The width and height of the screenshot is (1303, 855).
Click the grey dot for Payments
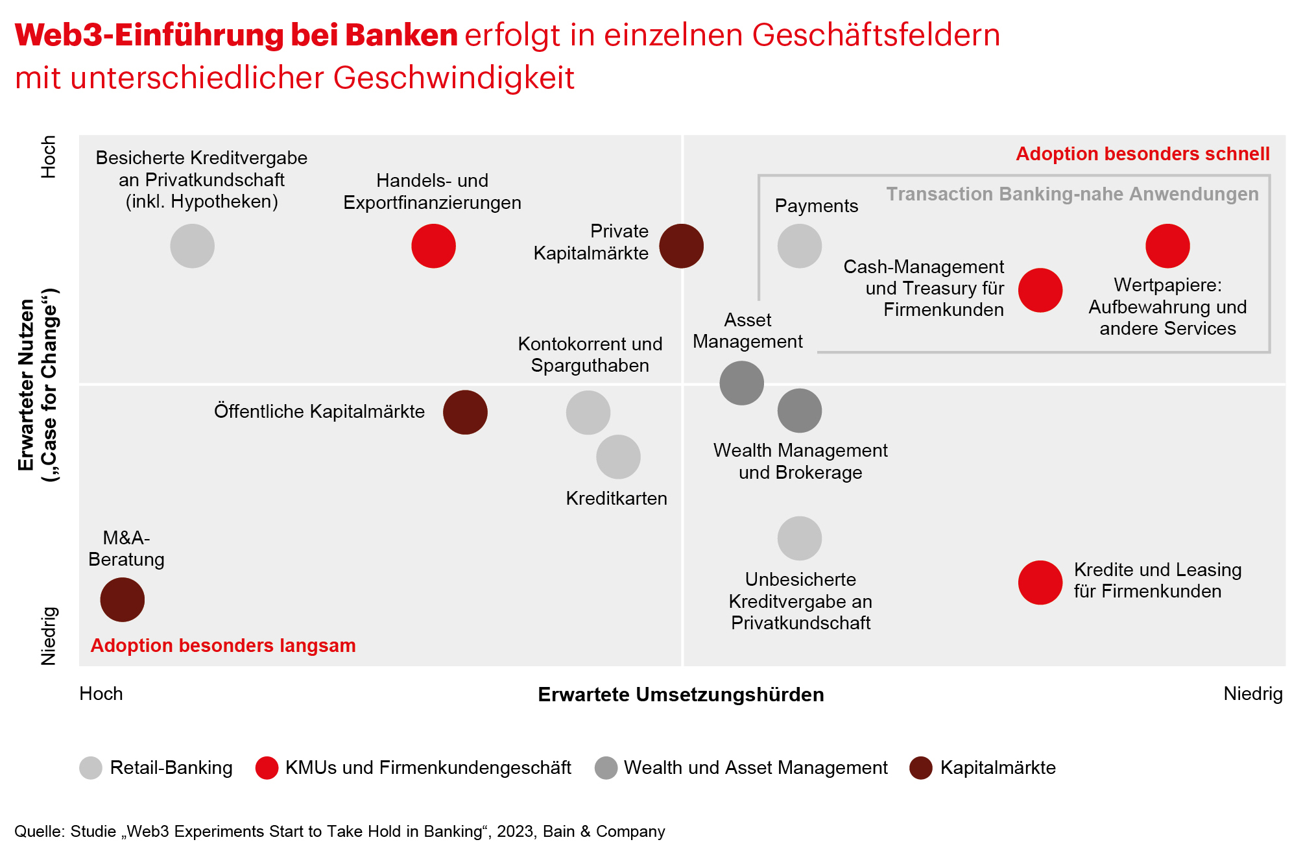pyautogui.click(x=799, y=246)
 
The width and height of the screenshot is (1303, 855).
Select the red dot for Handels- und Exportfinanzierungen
pyautogui.click(x=433, y=246)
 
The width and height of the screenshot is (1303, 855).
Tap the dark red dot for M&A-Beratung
pyautogui.click(x=122, y=599)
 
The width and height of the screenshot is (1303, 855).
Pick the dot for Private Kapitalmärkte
pyautogui.click(x=681, y=246)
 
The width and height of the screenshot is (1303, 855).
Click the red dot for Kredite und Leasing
pyautogui.click(x=1040, y=582)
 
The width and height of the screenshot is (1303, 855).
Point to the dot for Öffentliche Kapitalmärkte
pyautogui.click(x=465, y=412)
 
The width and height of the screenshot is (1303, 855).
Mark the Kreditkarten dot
pyautogui.click(x=618, y=457)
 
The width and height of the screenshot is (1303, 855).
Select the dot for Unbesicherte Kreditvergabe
pyautogui.click(x=799, y=538)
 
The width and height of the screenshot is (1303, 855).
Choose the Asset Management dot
pyautogui.click(x=741, y=383)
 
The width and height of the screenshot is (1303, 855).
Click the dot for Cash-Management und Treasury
pyautogui.click(x=1040, y=290)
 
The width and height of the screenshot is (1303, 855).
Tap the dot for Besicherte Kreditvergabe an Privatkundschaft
pyautogui.click(x=192, y=246)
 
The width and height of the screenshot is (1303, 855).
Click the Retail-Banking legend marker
pyautogui.click(x=91, y=767)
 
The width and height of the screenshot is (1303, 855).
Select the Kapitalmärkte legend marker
pyautogui.click(x=920, y=767)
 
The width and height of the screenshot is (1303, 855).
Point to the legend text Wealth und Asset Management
pyautogui.click(x=755, y=767)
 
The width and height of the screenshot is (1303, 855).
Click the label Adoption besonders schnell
pyautogui.click(x=1142, y=154)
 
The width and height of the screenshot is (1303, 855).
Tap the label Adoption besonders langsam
pyautogui.click(x=223, y=645)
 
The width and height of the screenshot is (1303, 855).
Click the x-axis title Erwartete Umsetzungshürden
pyautogui.click(x=680, y=694)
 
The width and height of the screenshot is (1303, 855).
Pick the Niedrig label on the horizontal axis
pyautogui.click(x=1252, y=693)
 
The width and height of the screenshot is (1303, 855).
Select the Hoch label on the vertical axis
pyautogui.click(x=49, y=156)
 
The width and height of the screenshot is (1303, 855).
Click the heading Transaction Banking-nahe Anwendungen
pyautogui.click(x=1072, y=194)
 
